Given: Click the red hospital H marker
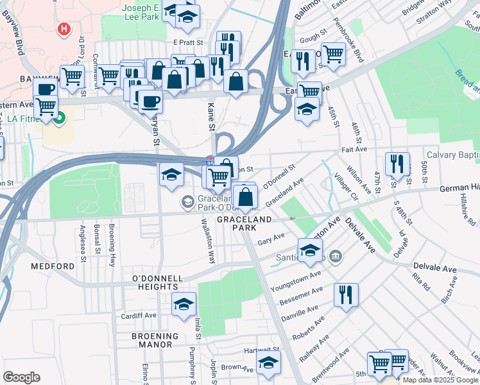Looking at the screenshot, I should (63, 29).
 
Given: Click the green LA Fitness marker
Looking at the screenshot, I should (60, 118).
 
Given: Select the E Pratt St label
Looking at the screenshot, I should (187, 42).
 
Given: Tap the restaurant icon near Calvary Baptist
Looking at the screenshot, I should (397, 164).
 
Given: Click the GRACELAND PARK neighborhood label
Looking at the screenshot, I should (244, 219).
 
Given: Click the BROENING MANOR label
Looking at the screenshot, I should (152, 339).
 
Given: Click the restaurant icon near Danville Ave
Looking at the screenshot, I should (345, 295).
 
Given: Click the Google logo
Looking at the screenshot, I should (21, 377).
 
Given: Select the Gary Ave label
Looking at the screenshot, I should (271, 241).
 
